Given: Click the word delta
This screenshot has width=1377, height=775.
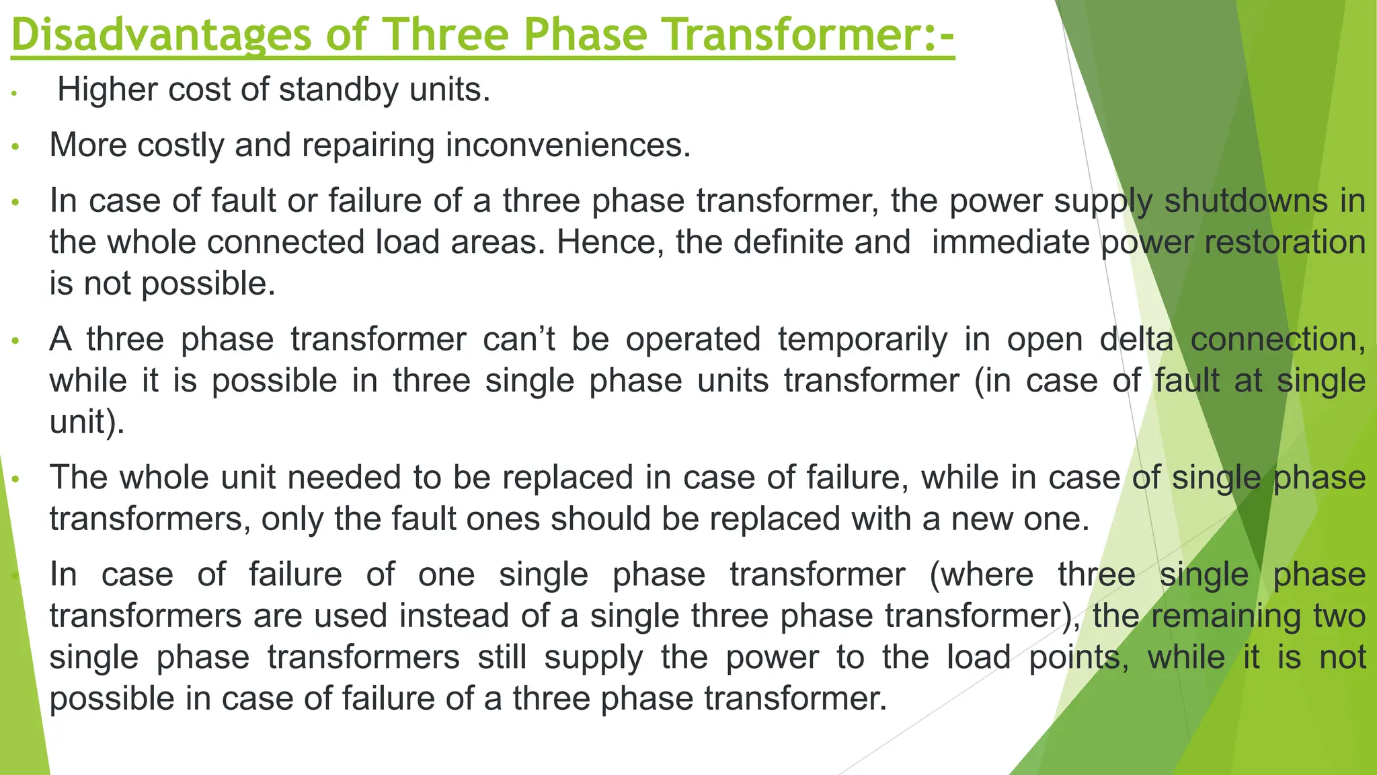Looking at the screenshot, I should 1136,339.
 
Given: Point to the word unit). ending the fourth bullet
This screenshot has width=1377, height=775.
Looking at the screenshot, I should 87,422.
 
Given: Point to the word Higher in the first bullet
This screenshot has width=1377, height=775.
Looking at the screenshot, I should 107,89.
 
